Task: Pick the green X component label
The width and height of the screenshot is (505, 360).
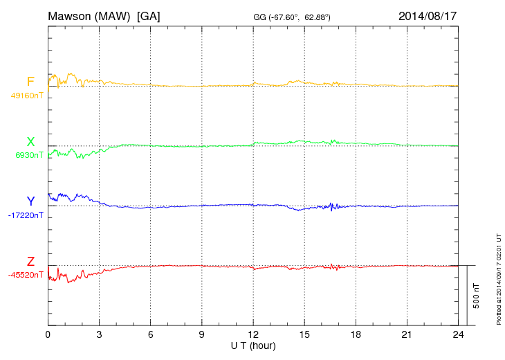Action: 30,142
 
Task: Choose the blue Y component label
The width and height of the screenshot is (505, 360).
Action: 30,201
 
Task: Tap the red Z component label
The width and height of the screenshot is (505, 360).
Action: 30,261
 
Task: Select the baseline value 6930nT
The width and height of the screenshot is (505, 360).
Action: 28,156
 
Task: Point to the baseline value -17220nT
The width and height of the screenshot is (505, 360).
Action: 26,215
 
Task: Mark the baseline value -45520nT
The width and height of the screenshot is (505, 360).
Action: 26,275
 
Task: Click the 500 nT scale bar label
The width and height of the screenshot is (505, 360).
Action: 477,296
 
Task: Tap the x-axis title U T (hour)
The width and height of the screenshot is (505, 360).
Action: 253,345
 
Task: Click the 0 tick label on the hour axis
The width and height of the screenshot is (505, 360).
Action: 48,334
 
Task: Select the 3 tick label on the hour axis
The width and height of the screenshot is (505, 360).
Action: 99,334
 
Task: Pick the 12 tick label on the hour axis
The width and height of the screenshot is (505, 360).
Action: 253,334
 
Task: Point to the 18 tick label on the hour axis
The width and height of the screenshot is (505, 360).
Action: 356,334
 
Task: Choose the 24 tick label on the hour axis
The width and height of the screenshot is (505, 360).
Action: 458,334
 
